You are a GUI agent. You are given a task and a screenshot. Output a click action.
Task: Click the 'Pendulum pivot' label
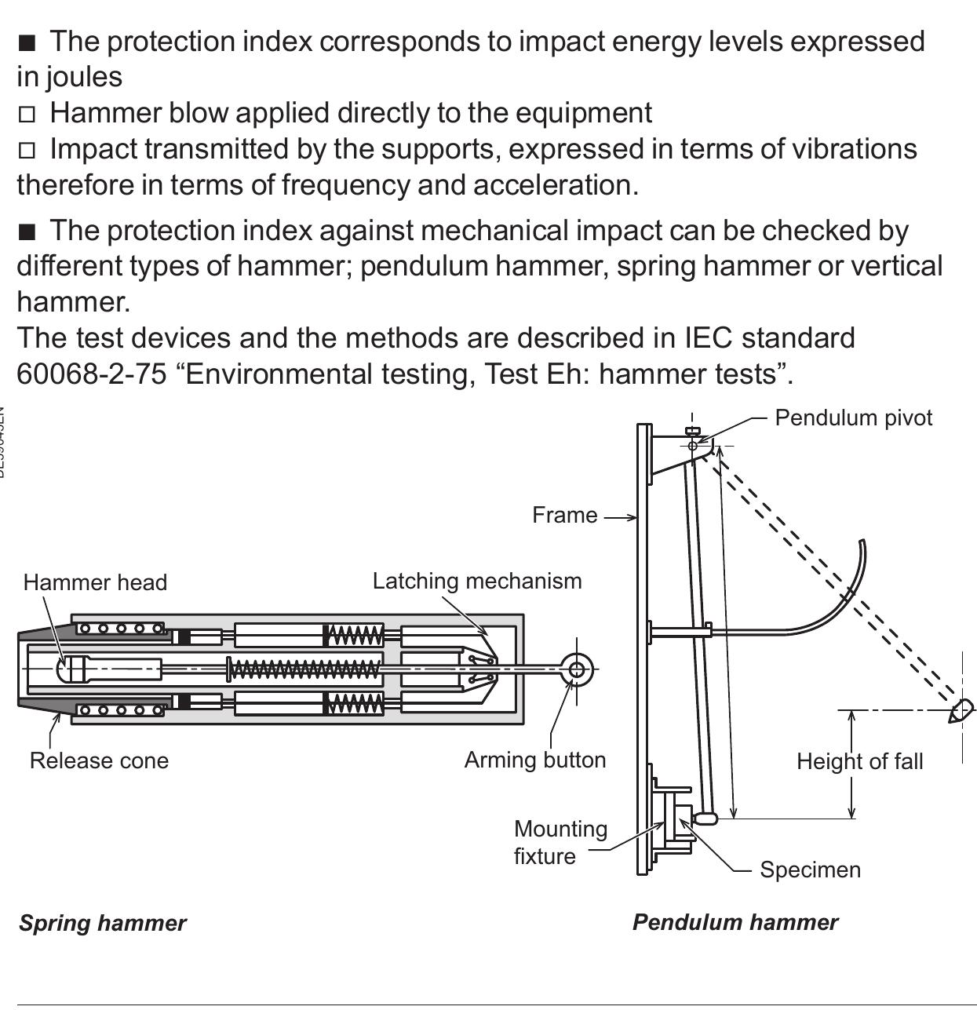coord(853,417)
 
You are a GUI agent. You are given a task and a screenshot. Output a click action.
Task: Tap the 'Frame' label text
coord(564,516)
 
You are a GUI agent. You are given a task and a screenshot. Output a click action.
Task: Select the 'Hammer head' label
coord(95,582)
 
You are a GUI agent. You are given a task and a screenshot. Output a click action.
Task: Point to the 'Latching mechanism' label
coord(477,582)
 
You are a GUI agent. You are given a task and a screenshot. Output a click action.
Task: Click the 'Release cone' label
coord(99,760)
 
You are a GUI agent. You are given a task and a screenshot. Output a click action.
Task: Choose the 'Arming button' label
coord(535,760)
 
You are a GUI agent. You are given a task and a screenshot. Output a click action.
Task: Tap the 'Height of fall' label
coord(859,761)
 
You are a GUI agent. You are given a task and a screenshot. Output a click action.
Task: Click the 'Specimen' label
coord(810,870)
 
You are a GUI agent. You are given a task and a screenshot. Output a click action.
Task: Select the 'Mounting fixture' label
coord(560,842)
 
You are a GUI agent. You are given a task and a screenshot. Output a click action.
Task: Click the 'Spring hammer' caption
coord(102,923)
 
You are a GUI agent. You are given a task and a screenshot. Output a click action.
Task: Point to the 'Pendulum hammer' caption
coord(735,922)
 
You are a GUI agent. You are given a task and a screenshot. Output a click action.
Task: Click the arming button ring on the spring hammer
coord(578,669)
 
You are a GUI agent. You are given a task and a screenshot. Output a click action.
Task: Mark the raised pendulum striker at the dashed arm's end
coord(961,711)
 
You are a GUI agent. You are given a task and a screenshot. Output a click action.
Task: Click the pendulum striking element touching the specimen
coord(705,819)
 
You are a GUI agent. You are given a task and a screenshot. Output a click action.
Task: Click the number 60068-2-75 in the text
coord(91,374)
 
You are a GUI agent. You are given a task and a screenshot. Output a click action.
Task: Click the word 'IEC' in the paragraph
coord(709,338)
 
